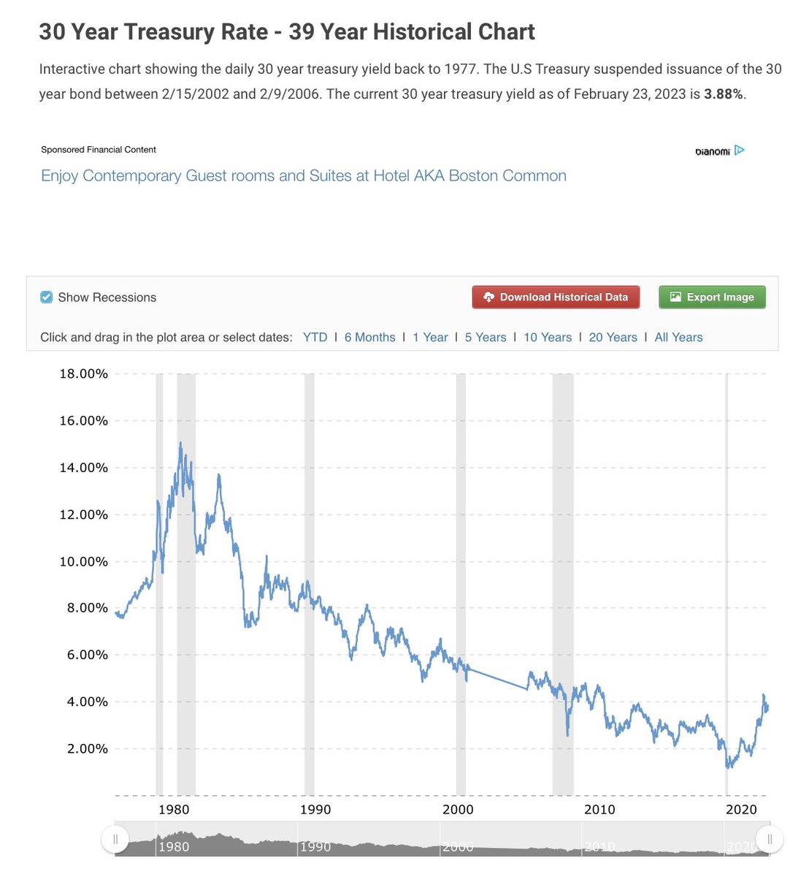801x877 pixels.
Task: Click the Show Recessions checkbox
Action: pyautogui.click(x=46, y=297)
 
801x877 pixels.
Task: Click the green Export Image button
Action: pyautogui.click(x=712, y=297)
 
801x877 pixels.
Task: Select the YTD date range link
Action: pyautogui.click(x=315, y=338)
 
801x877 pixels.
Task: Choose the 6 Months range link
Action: pyautogui.click(x=369, y=338)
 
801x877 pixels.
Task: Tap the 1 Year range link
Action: pyautogui.click(x=430, y=338)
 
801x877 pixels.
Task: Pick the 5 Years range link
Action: pyautogui.click(x=486, y=338)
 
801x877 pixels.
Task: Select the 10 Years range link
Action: pyautogui.click(x=548, y=338)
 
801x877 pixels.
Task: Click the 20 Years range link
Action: pyautogui.click(x=613, y=338)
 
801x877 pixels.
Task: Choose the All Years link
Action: pyautogui.click(x=678, y=338)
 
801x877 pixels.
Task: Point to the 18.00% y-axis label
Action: pyautogui.click(x=83, y=373)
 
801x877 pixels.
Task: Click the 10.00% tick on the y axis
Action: pyautogui.click(x=83, y=561)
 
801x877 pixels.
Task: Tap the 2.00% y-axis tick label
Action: pyautogui.click(x=88, y=749)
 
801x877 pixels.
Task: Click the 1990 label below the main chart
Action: pyautogui.click(x=315, y=810)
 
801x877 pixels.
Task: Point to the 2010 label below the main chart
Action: pyautogui.click(x=599, y=810)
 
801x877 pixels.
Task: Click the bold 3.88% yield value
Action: pyautogui.click(x=723, y=94)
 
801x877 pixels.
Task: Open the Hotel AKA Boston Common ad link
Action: pyautogui.click(x=304, y=175)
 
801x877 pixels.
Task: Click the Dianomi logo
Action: pyautogui.click(x=720, y=151)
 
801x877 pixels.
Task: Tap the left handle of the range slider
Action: pyautogui.click(x=115, y=839)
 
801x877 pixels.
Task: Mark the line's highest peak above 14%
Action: pyautogui.click(x=180, y=442)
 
